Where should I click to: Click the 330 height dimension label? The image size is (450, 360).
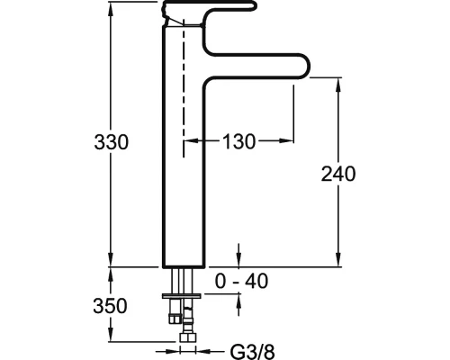tap(111, 142)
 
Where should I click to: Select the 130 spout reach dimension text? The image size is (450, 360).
tap(238, 141)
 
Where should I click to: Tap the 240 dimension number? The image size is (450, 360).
tap(338, 174)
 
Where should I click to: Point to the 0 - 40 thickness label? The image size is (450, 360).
tap(241, 281)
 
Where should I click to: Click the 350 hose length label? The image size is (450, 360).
tap(110, 306)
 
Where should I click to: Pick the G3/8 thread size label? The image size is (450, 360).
tap(252, 351)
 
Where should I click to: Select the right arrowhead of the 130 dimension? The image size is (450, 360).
tap(286, 140)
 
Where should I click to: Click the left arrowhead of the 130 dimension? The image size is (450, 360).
tap(192, 140)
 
